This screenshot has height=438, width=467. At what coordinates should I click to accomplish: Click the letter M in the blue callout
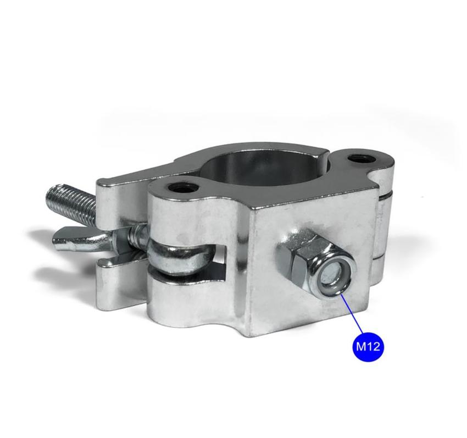tap(362, 347)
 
